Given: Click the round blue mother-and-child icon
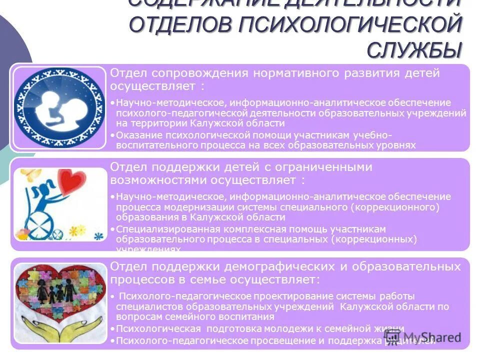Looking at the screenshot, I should (x=59, y=107).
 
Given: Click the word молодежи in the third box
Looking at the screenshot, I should (x=265, y=329).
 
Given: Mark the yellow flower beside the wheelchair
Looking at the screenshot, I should (x=75, y=230).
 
